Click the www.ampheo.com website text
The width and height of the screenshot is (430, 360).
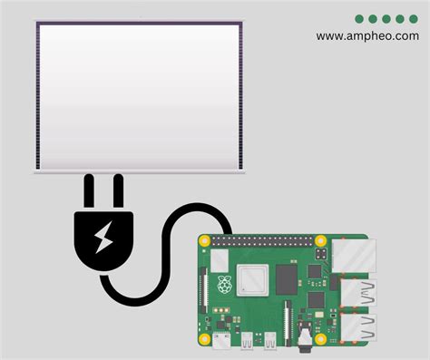pyautogui.click(x=367, y=36)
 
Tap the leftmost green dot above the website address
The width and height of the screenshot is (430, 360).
pyautogui.click(x=359, y=18)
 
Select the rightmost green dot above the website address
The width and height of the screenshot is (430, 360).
pyautogui.click(x=414, y=18)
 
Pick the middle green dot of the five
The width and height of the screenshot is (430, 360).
pyautogui.click(x=386, y=18)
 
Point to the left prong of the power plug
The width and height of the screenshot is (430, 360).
pyautogui.click(x=89, y=192)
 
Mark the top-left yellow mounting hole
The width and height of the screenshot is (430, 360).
pyautogui.click(x=206, y=242)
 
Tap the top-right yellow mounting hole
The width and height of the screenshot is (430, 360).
pyautogui.click(x=320, y=242)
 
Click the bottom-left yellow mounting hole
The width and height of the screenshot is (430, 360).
pyautogui.click(x=206, y=341)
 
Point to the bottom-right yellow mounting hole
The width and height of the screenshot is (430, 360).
pyautogui.click(x=320, y=341)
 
